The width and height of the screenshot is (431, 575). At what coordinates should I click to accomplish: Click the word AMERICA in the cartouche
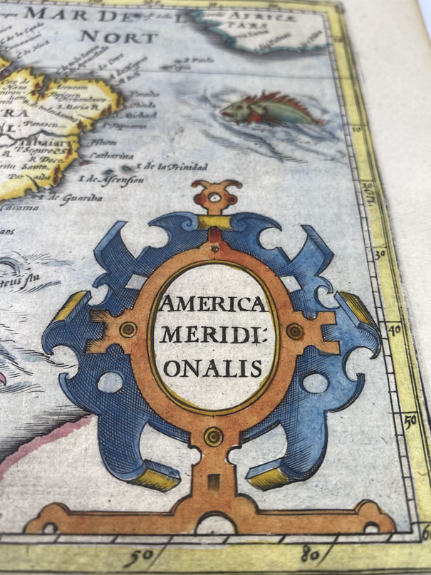(x=212, y=307)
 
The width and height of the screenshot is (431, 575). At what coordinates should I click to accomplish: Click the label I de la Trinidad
(x=171, y=166)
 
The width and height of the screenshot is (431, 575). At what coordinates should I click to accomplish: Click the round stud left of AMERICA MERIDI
(x=128, y=328)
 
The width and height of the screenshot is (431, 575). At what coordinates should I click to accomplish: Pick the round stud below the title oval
(x=212, y=435)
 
